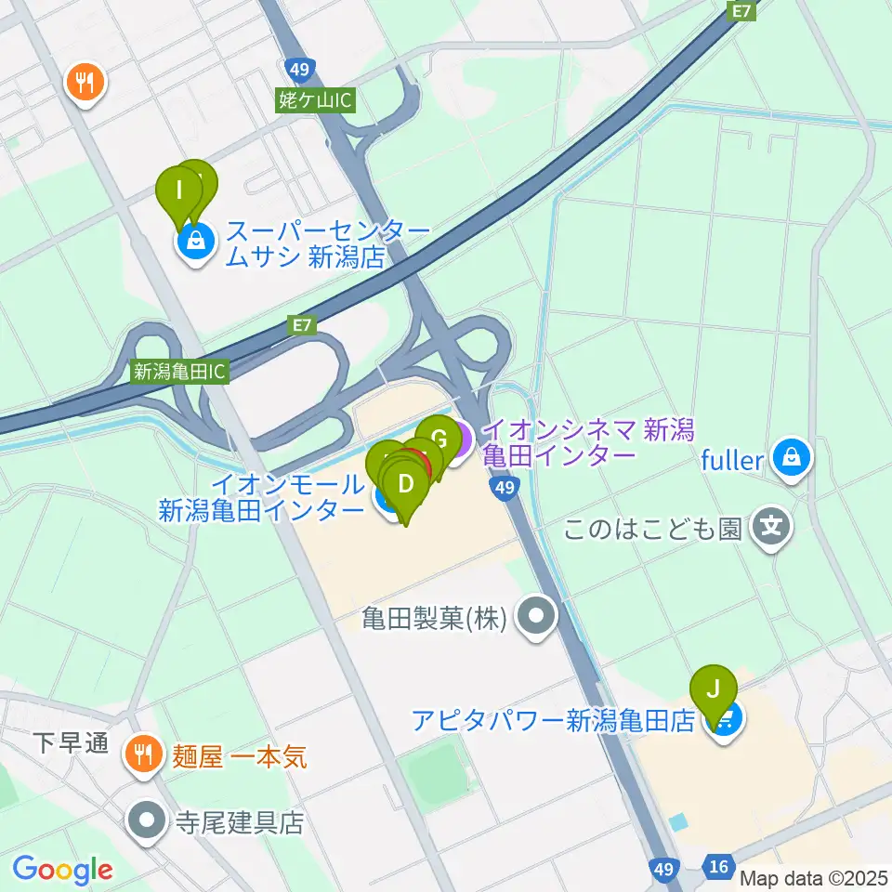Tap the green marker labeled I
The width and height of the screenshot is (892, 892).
180,194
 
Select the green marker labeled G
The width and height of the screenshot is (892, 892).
439,435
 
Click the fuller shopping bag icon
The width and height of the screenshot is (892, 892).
791,457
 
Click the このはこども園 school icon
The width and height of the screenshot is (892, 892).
771,529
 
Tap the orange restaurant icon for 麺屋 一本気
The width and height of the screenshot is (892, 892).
142,751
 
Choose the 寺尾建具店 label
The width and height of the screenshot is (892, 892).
241,822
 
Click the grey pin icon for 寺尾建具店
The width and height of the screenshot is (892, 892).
148,820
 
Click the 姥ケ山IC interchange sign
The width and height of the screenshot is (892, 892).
316,100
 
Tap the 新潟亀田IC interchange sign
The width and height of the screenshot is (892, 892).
179,372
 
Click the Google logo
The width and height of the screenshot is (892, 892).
62,870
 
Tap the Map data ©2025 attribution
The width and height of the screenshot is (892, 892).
814,876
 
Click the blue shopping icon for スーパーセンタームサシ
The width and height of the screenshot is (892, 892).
196,243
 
